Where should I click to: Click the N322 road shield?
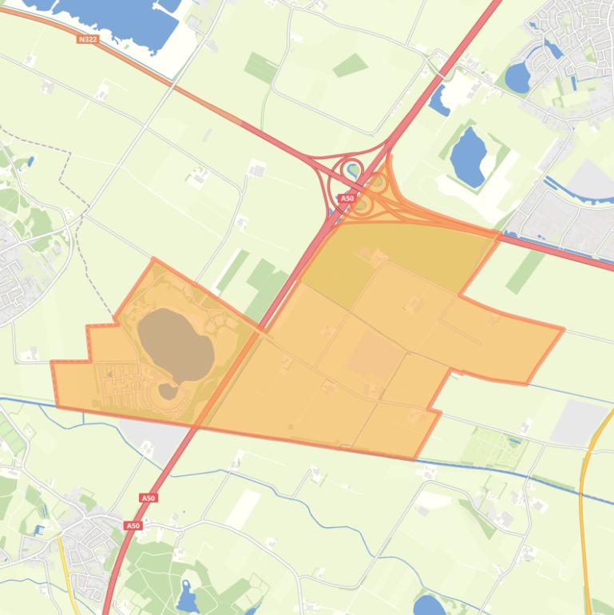(x=88, y=38)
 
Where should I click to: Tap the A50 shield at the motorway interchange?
(x=347, y=198)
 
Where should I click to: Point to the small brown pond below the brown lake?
(x=168, y=391)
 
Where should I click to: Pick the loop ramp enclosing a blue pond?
(x=351, y=169)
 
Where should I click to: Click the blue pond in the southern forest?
(x=188, y=597)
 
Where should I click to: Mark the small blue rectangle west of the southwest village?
(x=39, y=529)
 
